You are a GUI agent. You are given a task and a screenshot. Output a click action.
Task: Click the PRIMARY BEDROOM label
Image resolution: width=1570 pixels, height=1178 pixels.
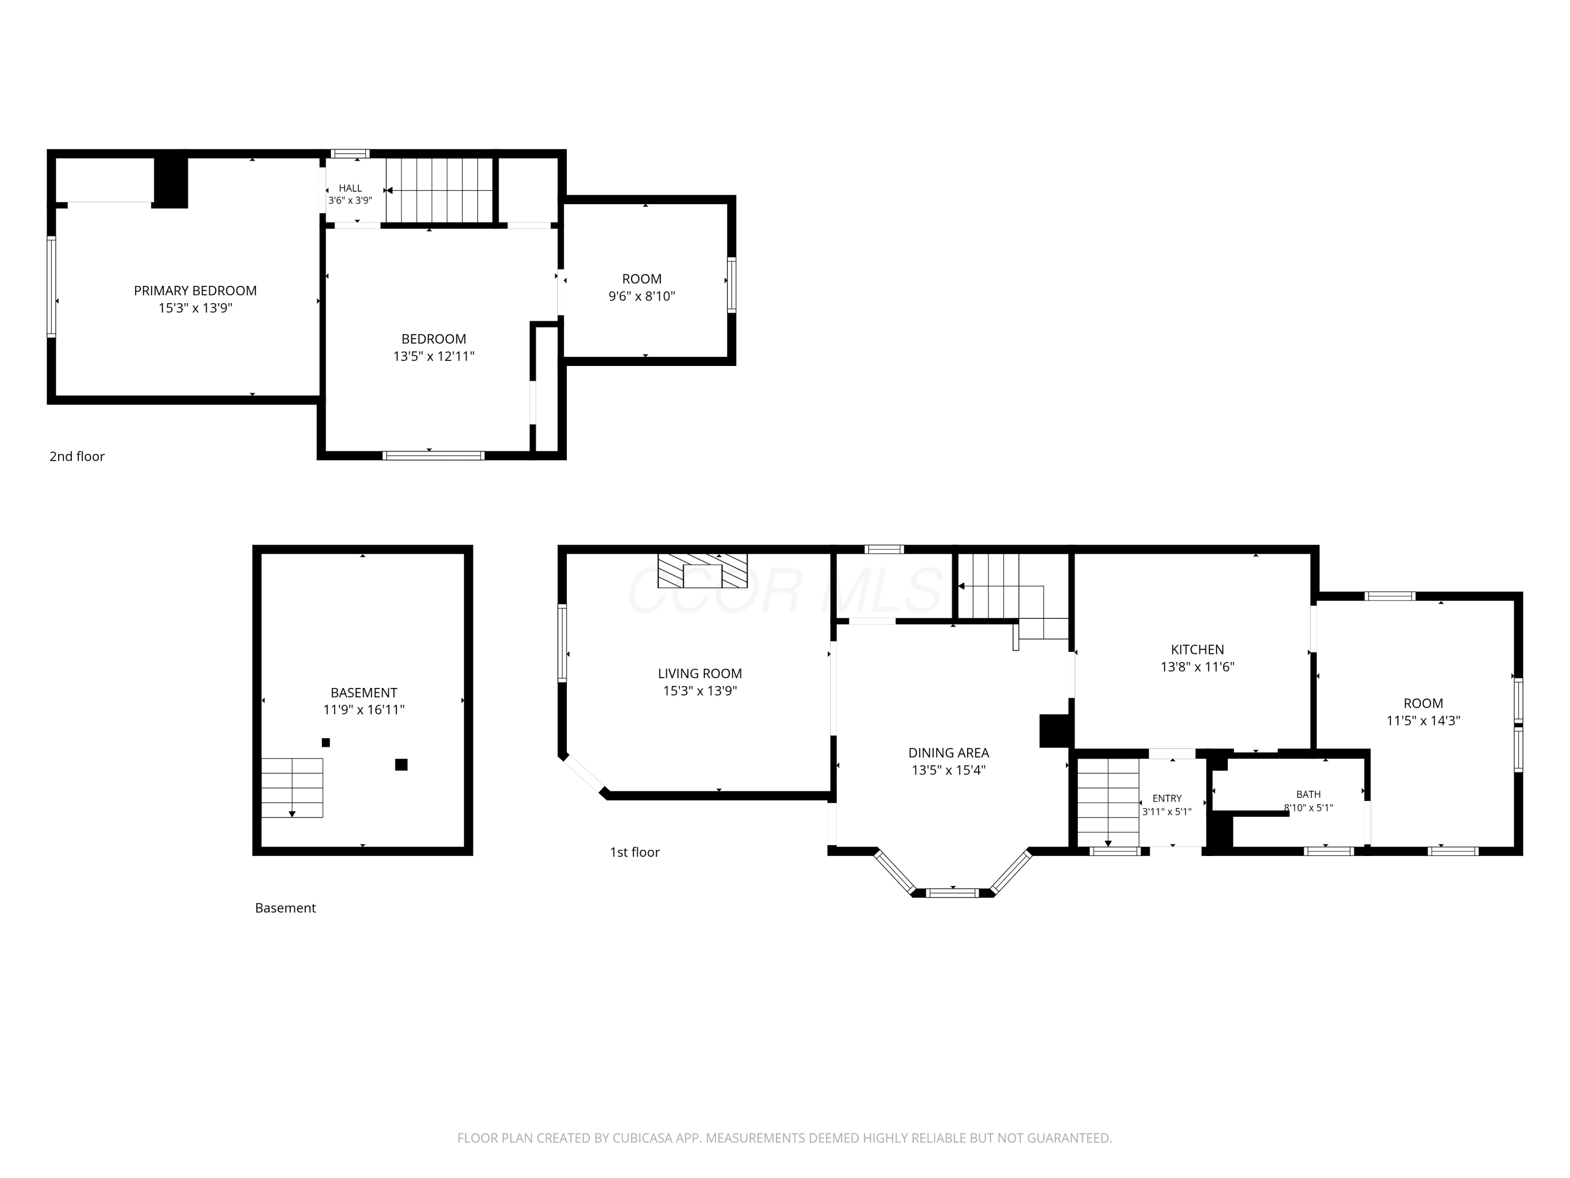195,291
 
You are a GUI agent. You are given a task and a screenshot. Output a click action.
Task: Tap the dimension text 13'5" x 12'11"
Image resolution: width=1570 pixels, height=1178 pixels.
434,357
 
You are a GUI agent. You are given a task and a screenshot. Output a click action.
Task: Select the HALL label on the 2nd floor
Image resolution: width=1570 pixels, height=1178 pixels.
350,188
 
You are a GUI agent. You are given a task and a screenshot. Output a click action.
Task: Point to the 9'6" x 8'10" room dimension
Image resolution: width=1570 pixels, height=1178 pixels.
642,296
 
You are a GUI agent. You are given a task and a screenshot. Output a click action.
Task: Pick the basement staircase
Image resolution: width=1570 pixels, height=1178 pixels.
293,787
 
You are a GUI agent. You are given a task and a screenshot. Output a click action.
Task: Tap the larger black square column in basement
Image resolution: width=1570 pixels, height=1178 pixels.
401,765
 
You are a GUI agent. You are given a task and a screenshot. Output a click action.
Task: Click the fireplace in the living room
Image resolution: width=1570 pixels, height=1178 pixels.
703,571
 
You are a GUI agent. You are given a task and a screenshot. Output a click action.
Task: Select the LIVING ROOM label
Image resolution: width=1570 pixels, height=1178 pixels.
700,673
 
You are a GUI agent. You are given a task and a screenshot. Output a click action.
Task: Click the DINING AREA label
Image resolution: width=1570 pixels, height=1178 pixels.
948,753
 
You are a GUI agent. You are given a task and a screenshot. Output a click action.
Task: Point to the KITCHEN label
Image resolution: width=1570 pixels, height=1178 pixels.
1197,649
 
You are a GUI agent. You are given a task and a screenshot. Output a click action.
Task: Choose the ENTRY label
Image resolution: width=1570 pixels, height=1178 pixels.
1167,798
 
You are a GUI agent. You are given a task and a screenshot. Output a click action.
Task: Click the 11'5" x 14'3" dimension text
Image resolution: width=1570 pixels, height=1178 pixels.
1423,721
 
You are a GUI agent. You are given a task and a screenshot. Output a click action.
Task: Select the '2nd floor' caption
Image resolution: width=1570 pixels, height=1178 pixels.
76,457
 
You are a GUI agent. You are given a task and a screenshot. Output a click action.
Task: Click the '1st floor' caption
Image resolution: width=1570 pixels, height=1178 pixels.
634,852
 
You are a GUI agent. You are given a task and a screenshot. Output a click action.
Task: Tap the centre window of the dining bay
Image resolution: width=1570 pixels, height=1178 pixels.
952,893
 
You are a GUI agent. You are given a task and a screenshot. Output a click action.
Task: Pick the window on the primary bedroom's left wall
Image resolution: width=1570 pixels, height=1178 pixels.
51,286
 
